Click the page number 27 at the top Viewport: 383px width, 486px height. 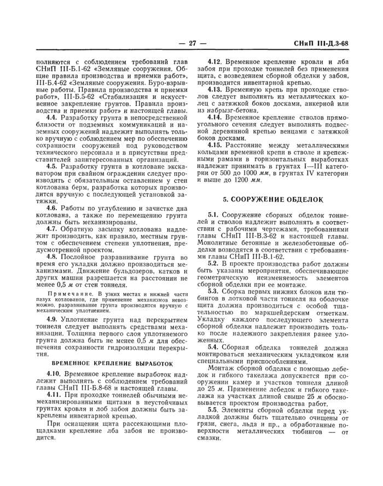(x=191, y=44)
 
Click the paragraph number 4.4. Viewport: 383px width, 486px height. (x=51, y=117)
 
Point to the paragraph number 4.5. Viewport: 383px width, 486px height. (x=51, y=165)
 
